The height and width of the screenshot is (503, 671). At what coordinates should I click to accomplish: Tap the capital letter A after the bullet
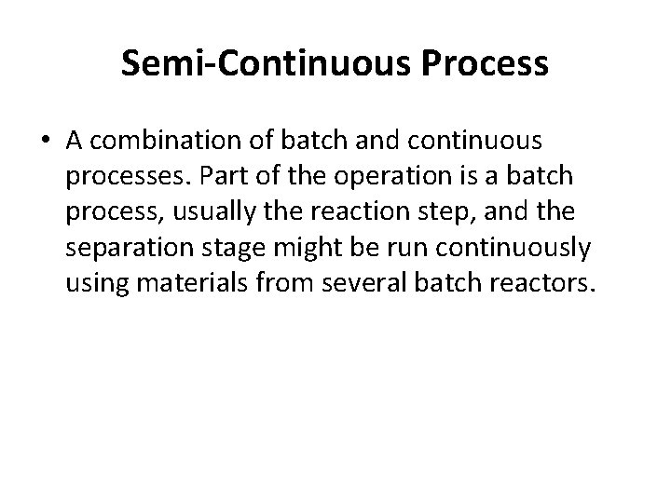pyautogui.click(x=75, y=140)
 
